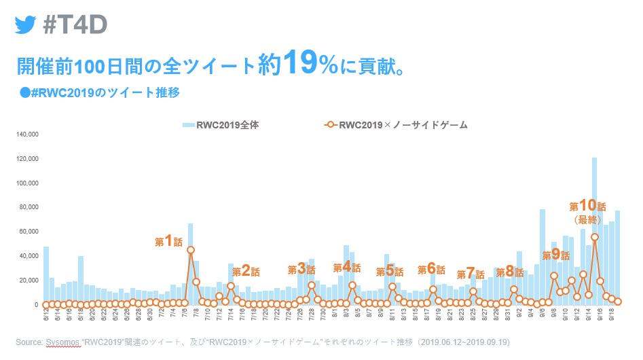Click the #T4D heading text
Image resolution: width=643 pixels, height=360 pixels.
(75, 24)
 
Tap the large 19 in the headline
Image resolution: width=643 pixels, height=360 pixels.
(299, 63)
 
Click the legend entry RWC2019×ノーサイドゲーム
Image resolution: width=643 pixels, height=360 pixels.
(397, 125)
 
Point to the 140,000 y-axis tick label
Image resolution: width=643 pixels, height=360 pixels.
(26, 134)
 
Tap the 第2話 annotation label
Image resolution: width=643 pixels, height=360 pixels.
(246, 272)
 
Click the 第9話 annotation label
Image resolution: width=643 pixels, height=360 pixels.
(555, 255)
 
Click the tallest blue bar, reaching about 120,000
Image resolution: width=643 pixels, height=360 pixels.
(594, 231)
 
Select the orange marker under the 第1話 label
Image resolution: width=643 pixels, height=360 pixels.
(191, 250)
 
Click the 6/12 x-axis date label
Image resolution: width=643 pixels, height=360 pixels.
(46, 316)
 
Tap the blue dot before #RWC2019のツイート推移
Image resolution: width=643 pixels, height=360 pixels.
(25, 92)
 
